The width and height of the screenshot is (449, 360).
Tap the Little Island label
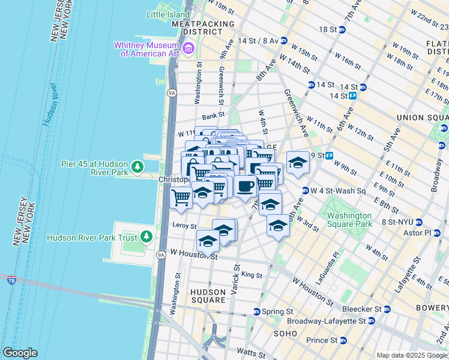pos(169,14)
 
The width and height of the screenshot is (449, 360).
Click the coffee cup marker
pos(245,187)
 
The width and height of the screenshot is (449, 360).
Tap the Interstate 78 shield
pos(11,279)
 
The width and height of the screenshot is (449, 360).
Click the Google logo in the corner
pos(20,353)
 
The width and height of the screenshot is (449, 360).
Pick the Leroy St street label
pos(184,226)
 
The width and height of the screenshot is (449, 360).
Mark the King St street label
pos(252,275)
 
